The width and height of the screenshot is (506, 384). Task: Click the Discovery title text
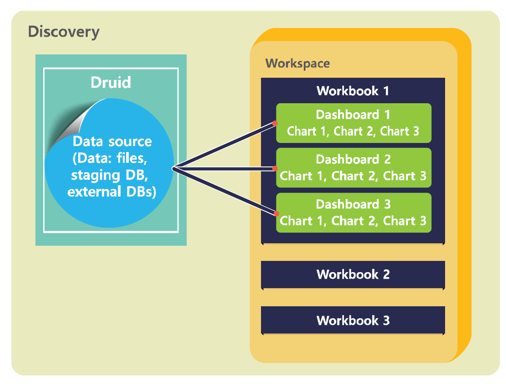tap(64, 32)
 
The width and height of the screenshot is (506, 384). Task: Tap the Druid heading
tap(111, 82)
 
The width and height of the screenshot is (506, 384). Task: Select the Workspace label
tap(297, 63)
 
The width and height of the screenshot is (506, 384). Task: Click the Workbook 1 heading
tap(353, 91)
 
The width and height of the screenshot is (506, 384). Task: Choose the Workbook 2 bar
tap(353, 275)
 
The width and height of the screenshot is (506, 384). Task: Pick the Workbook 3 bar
tap(353, 320)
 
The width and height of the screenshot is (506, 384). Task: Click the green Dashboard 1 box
tap(354, 123)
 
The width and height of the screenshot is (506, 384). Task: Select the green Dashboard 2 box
tap(354, 168)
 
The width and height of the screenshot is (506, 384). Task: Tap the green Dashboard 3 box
tap(354, 213)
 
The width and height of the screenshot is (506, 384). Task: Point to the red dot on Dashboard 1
tap(275, 123)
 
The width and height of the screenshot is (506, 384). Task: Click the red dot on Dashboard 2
tap(275, 168)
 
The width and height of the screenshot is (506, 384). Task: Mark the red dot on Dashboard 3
tap(276, 214)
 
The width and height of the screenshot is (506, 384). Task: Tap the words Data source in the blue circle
tap(112, 141)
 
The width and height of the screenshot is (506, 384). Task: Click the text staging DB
tap(109, 175)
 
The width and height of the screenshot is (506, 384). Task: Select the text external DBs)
tap(111, 192)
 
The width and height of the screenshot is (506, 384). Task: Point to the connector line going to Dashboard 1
tap(224, 146)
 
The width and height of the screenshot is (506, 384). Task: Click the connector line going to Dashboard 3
tap(224, 191)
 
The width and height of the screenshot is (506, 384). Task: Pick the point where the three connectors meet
tap(174, 168)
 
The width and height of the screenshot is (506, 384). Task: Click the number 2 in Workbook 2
tap(386, 275)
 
